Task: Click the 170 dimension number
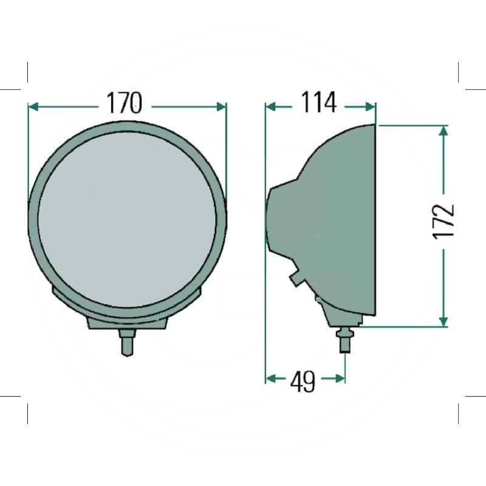pyautogui.click(x=125, y=103)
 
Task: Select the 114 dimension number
pyautogui.click(x=318, y=102)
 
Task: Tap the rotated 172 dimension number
pyautogui.click(x=443, y=221)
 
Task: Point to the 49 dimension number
pyautogui.click(x=303, y=382)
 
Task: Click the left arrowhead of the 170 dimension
pyautogui.click(x=33, y=107)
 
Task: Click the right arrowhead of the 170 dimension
pyautogui.click(x=221, y=107)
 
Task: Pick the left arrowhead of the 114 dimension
pyautogui.click(x=270, y=107)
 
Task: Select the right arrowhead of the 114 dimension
pyautogui.click(x=371, y=107)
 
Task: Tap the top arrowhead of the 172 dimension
pyautogui.click(x=443, y=131)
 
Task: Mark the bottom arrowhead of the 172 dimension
pyautogui.click(x=443, y=322)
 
